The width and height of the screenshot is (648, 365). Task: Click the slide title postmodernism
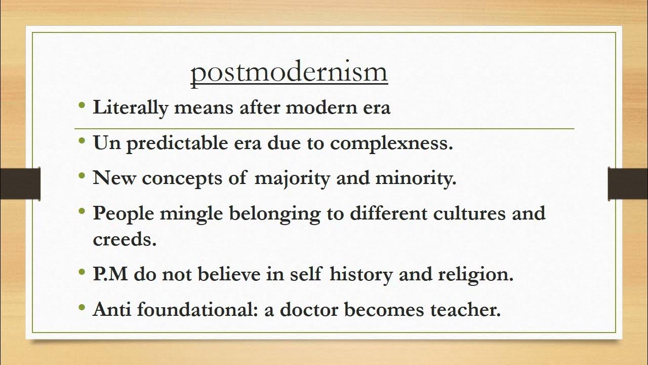(289, 72)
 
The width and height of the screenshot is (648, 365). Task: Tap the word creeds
(125, 239)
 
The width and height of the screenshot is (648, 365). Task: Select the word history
(361, 274)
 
